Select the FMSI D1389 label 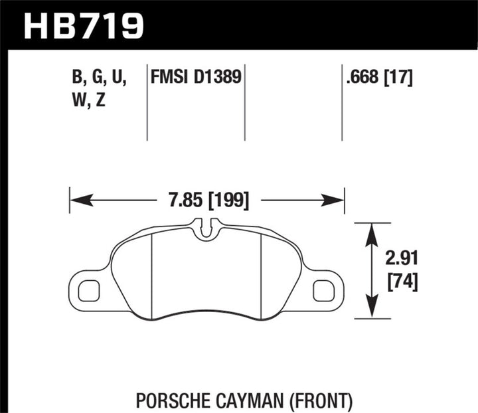pyautogui.click(x=196, y=79)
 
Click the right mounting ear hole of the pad pyautogui.click(x=323, y=290)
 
